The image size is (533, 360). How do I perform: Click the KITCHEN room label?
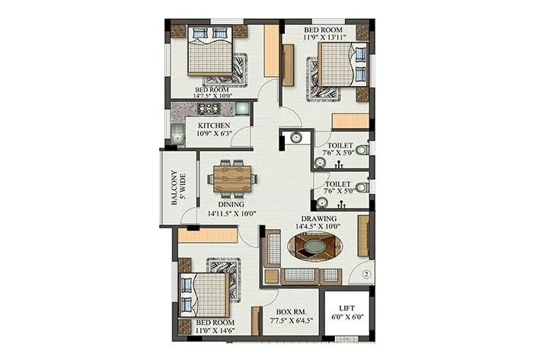(214, 125)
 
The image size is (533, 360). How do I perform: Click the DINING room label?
(231, 204)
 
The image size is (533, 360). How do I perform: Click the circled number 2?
(365, 274)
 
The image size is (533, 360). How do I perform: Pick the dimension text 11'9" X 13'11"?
(324, 36)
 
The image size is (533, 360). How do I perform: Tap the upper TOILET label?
(340, 145)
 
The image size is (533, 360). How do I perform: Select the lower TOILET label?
(338, 184)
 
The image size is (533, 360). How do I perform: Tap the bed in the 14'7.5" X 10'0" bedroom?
(209, 53)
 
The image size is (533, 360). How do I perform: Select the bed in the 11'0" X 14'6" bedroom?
(204, 292)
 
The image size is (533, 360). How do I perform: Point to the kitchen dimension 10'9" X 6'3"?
(214, 135)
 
